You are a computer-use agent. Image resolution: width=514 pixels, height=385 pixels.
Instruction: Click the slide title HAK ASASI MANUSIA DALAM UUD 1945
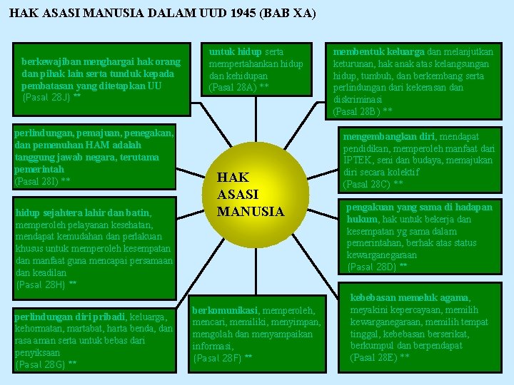pos(163,14)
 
